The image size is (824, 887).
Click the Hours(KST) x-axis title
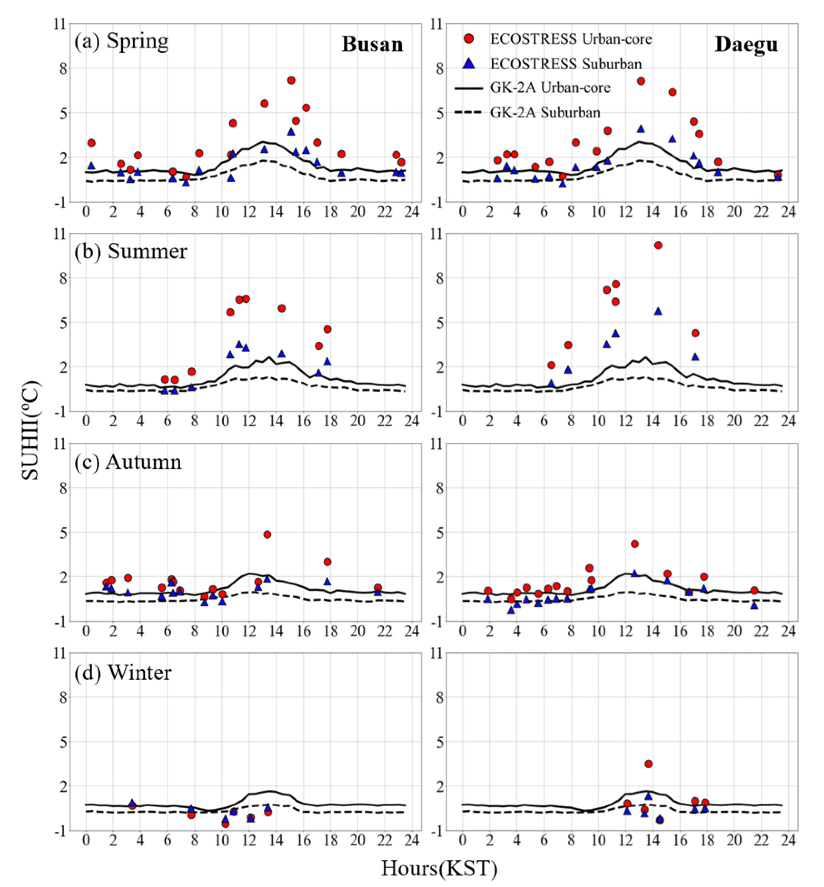439,868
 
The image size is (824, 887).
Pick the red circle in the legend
469,39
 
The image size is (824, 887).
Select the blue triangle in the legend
469,64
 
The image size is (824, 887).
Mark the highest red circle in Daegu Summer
658,245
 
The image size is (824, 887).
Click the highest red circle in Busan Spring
291,80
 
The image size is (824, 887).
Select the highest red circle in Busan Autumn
267,534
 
